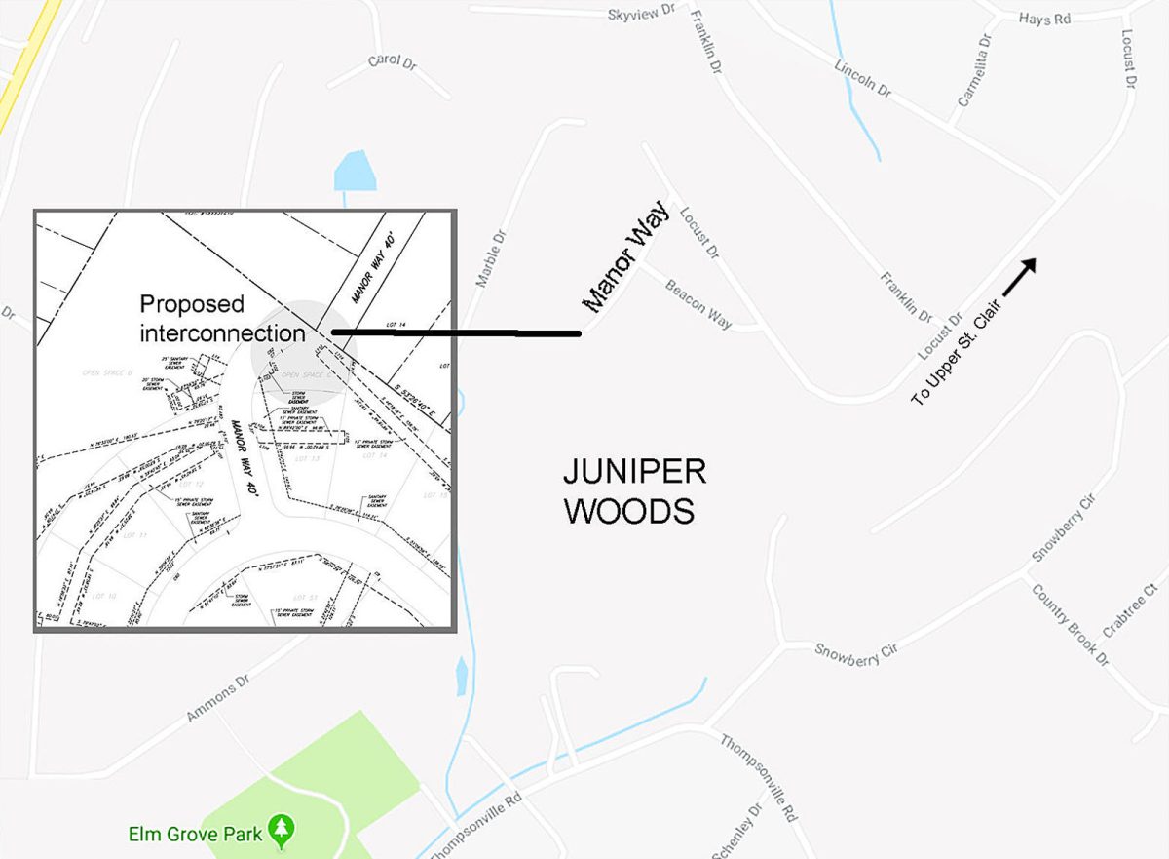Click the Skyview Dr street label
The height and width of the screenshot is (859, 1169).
point(640,13)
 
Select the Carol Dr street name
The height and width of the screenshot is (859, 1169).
point(391,61)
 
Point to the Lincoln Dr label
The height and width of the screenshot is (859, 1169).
point(862,77)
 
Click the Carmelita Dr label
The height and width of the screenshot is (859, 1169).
point(973,69)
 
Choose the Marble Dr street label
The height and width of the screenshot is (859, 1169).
point(492,258)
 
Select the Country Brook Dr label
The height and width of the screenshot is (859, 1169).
point(1070,624)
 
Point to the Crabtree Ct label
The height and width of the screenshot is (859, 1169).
point(1128,610)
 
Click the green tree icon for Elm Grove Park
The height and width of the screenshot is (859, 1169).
point(283,831)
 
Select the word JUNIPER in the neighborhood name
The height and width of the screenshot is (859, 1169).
point(634,473)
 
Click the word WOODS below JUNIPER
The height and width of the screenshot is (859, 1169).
point(628,511)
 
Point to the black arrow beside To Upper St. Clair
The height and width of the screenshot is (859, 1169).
point(1019,276)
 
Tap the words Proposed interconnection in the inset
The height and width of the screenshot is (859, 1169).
point(222,318)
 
